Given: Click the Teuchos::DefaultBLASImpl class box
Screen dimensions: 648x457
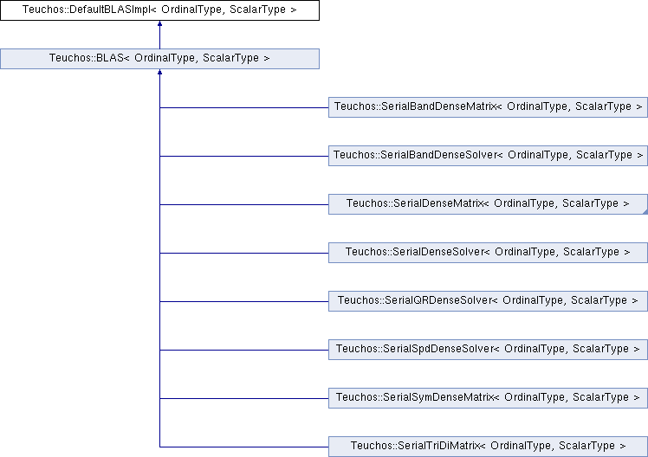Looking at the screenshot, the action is coord(159,10).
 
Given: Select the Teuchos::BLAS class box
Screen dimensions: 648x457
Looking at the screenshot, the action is coord(159,59).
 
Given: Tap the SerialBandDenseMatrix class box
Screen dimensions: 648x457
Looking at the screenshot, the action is coord(488,107).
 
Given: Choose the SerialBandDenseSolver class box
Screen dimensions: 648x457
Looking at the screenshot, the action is coord(488,156).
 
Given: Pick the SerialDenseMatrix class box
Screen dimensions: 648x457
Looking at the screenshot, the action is coord(488,204).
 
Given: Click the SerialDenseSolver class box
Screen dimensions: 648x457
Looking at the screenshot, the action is coord(488,253).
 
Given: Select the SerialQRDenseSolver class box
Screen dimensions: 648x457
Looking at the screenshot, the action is coord(488,301).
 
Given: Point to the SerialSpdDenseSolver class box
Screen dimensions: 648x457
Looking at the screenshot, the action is coord(488,350).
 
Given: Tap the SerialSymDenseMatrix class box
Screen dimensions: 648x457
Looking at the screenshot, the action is coord(488,398).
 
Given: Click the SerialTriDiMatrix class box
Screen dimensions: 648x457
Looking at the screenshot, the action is coord(488,447).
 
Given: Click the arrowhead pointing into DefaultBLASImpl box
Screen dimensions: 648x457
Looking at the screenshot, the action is coord(159,23).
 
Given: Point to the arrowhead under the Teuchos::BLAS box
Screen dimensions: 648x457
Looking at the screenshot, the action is coord(159,72).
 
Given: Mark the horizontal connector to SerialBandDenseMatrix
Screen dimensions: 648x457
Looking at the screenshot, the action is coord(244,107).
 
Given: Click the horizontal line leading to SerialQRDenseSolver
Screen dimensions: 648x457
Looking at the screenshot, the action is coord(244,301).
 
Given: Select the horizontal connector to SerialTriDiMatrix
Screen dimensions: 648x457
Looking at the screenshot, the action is coord(244,447).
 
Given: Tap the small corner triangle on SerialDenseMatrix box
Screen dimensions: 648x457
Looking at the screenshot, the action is coord(645,212).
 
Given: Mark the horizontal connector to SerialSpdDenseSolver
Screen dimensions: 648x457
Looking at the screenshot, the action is coord(244,350).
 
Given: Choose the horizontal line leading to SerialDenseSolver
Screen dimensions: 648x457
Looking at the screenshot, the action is coord(244,253).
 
